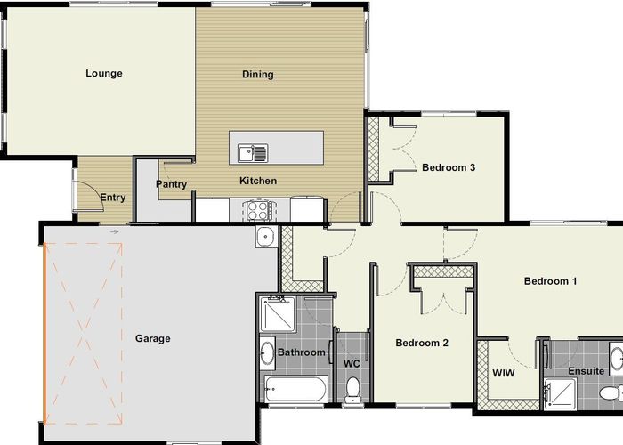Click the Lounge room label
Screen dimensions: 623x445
[x=104, y=74]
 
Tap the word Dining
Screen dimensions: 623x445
[x=258, y=74]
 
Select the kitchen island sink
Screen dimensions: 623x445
[x=253, y=153]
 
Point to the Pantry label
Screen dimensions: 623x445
[x=171, y=184]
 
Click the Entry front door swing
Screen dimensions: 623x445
[x=88, y=196]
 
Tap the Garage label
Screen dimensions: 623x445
[x=153, y=338]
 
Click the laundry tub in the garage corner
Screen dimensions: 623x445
[x=266, y=237]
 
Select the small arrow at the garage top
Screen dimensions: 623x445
[x=115, y=231]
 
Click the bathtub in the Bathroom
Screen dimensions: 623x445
[x=296, y=389]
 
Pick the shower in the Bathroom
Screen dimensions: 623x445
[x=278, y=314]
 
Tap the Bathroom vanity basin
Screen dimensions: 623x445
[x=267, y=352]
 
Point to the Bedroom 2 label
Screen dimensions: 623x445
[x=422, y=343]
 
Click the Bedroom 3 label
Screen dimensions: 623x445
[x=449, y=167]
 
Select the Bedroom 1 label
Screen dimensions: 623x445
[x=550, y=281]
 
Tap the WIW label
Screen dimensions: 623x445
[x=504, y=373]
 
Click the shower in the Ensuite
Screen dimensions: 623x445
[x=560, y=393]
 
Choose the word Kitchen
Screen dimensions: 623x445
[x=258, y=181]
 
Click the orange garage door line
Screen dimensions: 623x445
[x=44, y=333]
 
